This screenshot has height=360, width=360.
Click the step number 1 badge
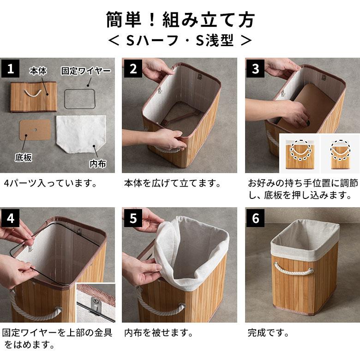(10, 69)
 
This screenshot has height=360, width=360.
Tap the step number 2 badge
(133, 69)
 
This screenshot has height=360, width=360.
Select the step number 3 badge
(256, 69)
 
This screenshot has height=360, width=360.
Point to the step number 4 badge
(10, 218)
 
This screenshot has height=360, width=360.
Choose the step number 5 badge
(133, 218)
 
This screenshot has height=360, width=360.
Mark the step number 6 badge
(256, 218)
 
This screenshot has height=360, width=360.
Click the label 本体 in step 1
(38, 71)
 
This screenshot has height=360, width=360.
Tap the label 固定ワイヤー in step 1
(86, 71)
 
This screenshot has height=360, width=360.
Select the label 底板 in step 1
(23, 158)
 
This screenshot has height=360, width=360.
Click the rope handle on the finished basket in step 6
(288, 268)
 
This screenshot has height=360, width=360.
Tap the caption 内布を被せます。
(158, 332)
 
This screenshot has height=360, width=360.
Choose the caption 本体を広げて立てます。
(172, 183)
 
